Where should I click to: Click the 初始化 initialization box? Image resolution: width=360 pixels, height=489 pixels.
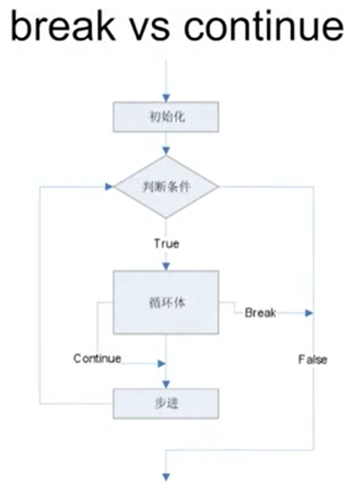(166, 115)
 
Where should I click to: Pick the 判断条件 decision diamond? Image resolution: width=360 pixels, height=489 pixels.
(167, 187)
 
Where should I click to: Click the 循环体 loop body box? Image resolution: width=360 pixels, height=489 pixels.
(166, 303)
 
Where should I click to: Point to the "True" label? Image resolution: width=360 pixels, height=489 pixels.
(166, 243)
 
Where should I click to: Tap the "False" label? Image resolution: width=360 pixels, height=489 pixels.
(312, 359)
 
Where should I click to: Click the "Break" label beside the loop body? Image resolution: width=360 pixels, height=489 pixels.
(260, 313)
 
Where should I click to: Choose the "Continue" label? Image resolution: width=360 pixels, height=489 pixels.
(97, 359)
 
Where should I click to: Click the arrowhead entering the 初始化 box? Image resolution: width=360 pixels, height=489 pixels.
(166, 96)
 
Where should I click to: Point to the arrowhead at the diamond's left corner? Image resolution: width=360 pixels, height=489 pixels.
(109, 186)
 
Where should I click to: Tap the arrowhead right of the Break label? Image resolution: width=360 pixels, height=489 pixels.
(309, 313)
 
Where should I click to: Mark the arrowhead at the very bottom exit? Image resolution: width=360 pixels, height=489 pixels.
(166, 476)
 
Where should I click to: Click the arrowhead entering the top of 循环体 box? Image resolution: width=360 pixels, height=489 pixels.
(166, 266)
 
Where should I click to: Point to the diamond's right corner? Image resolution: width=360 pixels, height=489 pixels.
(219, 187)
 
